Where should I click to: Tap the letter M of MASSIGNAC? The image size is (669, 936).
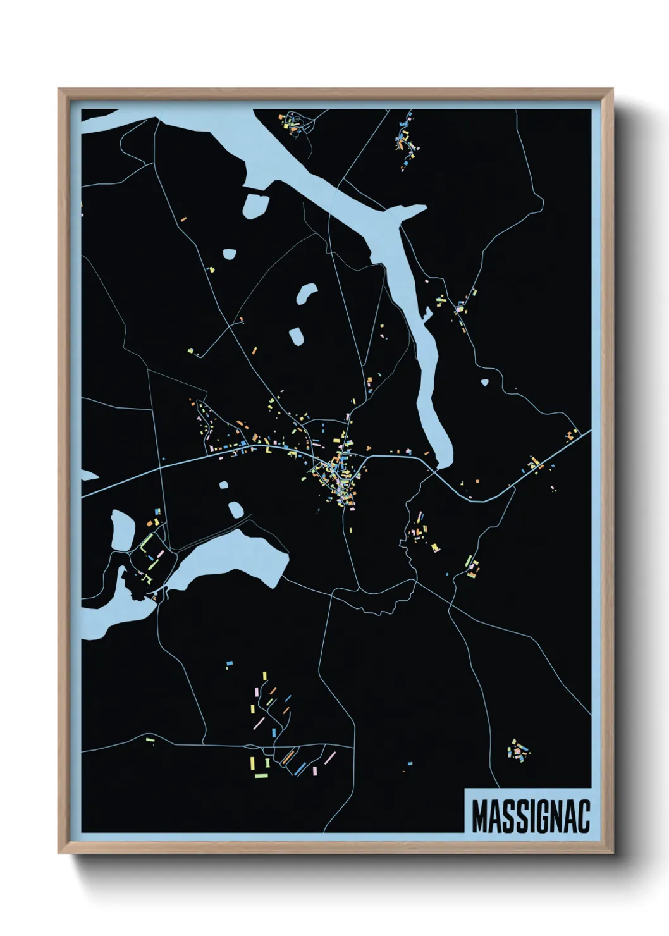[480, 816]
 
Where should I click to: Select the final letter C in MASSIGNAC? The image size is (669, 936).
[583, 816]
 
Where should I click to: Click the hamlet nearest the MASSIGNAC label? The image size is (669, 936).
[519, 751]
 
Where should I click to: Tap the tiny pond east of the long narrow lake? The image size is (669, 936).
[485, 383]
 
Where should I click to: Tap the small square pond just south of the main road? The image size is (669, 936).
[223, 486]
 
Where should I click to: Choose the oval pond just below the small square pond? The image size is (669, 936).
[236, 509]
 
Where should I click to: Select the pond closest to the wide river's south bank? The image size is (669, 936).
[255, 205]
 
